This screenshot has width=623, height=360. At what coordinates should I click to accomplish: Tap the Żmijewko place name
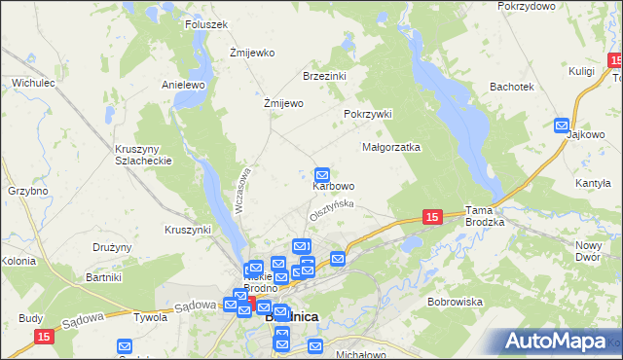pyautogui.click(x=252, y=53)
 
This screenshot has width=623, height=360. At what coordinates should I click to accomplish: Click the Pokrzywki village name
pyautogui.click(x=367, y=114)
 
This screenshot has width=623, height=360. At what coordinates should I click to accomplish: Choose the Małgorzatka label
pyautogui.click(x=390, y=148)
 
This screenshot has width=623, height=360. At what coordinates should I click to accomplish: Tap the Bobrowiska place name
pyautogui.click(x=455, y=302)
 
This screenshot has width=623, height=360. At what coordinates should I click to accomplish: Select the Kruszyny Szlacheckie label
pyautogui.click(x=143, y=155)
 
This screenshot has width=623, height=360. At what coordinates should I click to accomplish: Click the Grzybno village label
pyautogui.click(x=27, y=191)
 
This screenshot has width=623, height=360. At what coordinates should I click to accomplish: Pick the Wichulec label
pyautogui.click(x=32, y=84)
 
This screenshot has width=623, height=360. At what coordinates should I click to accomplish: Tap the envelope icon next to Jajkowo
pyautogui.click(x=562, y=125)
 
